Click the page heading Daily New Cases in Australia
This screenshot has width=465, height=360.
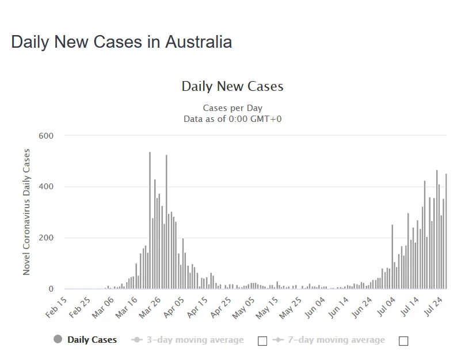coord(121,42)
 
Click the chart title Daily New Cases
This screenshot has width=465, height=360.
coord(232,86)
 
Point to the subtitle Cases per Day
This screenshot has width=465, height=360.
coord(232,108)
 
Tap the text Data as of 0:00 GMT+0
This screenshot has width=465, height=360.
coord(232,119)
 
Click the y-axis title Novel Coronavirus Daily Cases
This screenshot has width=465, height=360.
coord(26,212)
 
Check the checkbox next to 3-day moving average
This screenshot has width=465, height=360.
coord(262,341)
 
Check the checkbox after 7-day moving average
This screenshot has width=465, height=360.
coord(403,341)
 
